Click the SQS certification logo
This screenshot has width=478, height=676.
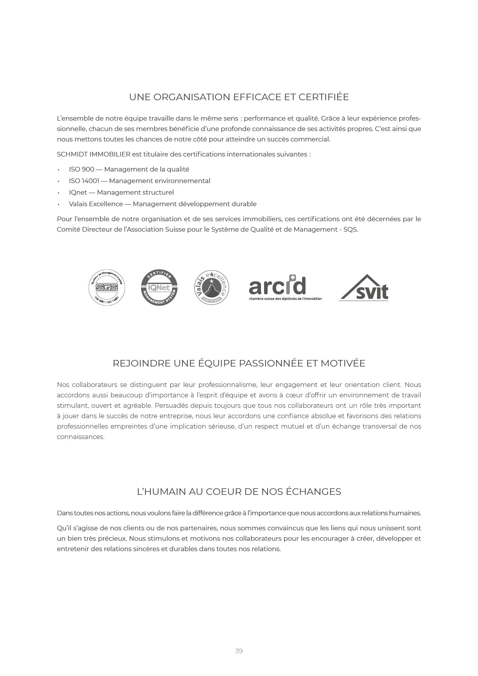(107, 288)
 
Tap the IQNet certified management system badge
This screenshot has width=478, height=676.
(159, 288)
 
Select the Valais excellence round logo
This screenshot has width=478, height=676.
(212, 288)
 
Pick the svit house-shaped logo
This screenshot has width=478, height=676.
(364, 288)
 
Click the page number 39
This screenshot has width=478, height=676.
(239, 651)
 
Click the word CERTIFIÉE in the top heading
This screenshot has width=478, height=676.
(323, 97)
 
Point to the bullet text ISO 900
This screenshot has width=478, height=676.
(81, 169)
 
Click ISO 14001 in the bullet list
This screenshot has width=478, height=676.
(84, 181)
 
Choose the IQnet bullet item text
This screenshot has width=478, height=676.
(78, 192)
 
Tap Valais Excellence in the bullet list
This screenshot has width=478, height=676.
(96, 204)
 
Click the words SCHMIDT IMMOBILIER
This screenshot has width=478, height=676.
(93, 154)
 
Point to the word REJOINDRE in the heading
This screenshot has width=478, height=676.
(141, 363)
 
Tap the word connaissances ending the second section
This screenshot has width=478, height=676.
(80, 437)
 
